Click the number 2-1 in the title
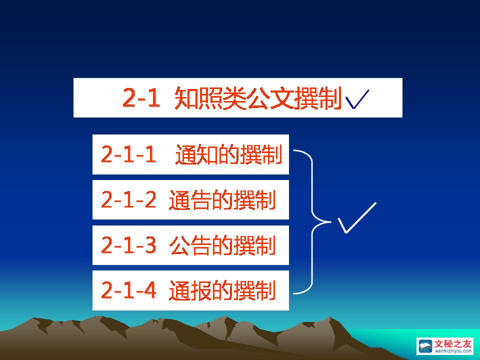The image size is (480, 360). point(141,97)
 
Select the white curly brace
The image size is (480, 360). point(312,221)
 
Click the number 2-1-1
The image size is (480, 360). point(128,154)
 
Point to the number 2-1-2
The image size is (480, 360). point(128,199)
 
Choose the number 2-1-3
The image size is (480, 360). point(128,245)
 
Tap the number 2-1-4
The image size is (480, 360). point(128,290)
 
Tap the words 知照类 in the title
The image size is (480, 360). point(210,98)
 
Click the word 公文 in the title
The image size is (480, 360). point(271,98)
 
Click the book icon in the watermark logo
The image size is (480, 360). point(425,346)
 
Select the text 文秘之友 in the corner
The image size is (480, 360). point(453,344)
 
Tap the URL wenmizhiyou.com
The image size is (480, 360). point(453,351)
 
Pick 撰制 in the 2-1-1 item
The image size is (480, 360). point(261,154)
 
